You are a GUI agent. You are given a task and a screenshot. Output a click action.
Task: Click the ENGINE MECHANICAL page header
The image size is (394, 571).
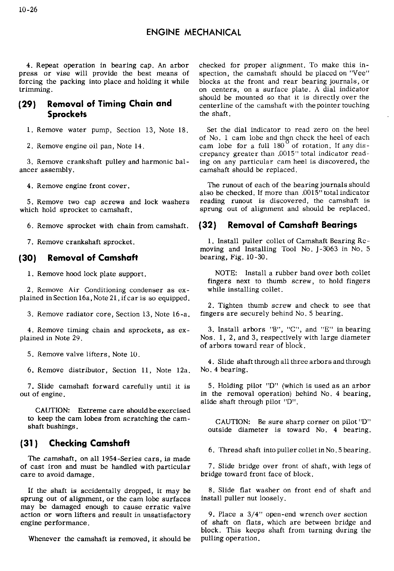[193, 33]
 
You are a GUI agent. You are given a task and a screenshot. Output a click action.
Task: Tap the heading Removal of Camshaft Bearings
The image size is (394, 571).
[292, 225]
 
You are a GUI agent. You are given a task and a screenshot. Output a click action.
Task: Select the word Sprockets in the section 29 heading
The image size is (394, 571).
[67, 114]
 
